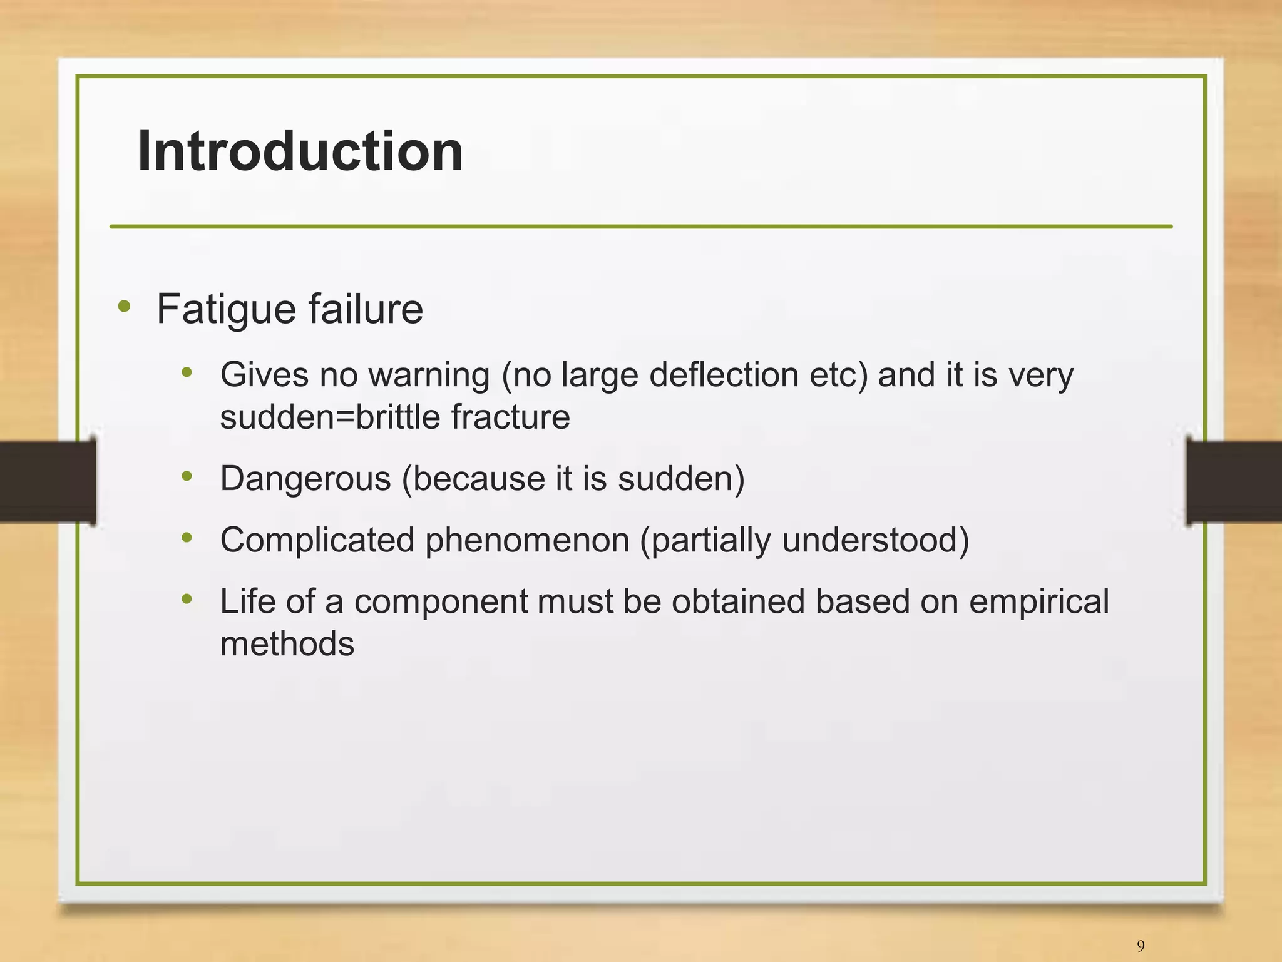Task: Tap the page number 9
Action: (1141, 945)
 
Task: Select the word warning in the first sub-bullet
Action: (429, 376)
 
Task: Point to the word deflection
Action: (724, 375)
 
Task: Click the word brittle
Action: (398, 417)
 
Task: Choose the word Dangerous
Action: (305, 479)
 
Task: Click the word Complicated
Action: (317, 540)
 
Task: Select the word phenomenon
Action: (527, 540)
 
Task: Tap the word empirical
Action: (1038, 601)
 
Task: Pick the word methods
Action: (287, 644)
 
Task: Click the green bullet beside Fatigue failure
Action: (124, 307)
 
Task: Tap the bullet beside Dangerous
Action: (187, 477)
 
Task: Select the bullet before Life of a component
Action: (187, 600)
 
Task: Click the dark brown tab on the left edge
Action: (47, 481)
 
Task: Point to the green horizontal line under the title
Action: (640, 227)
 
